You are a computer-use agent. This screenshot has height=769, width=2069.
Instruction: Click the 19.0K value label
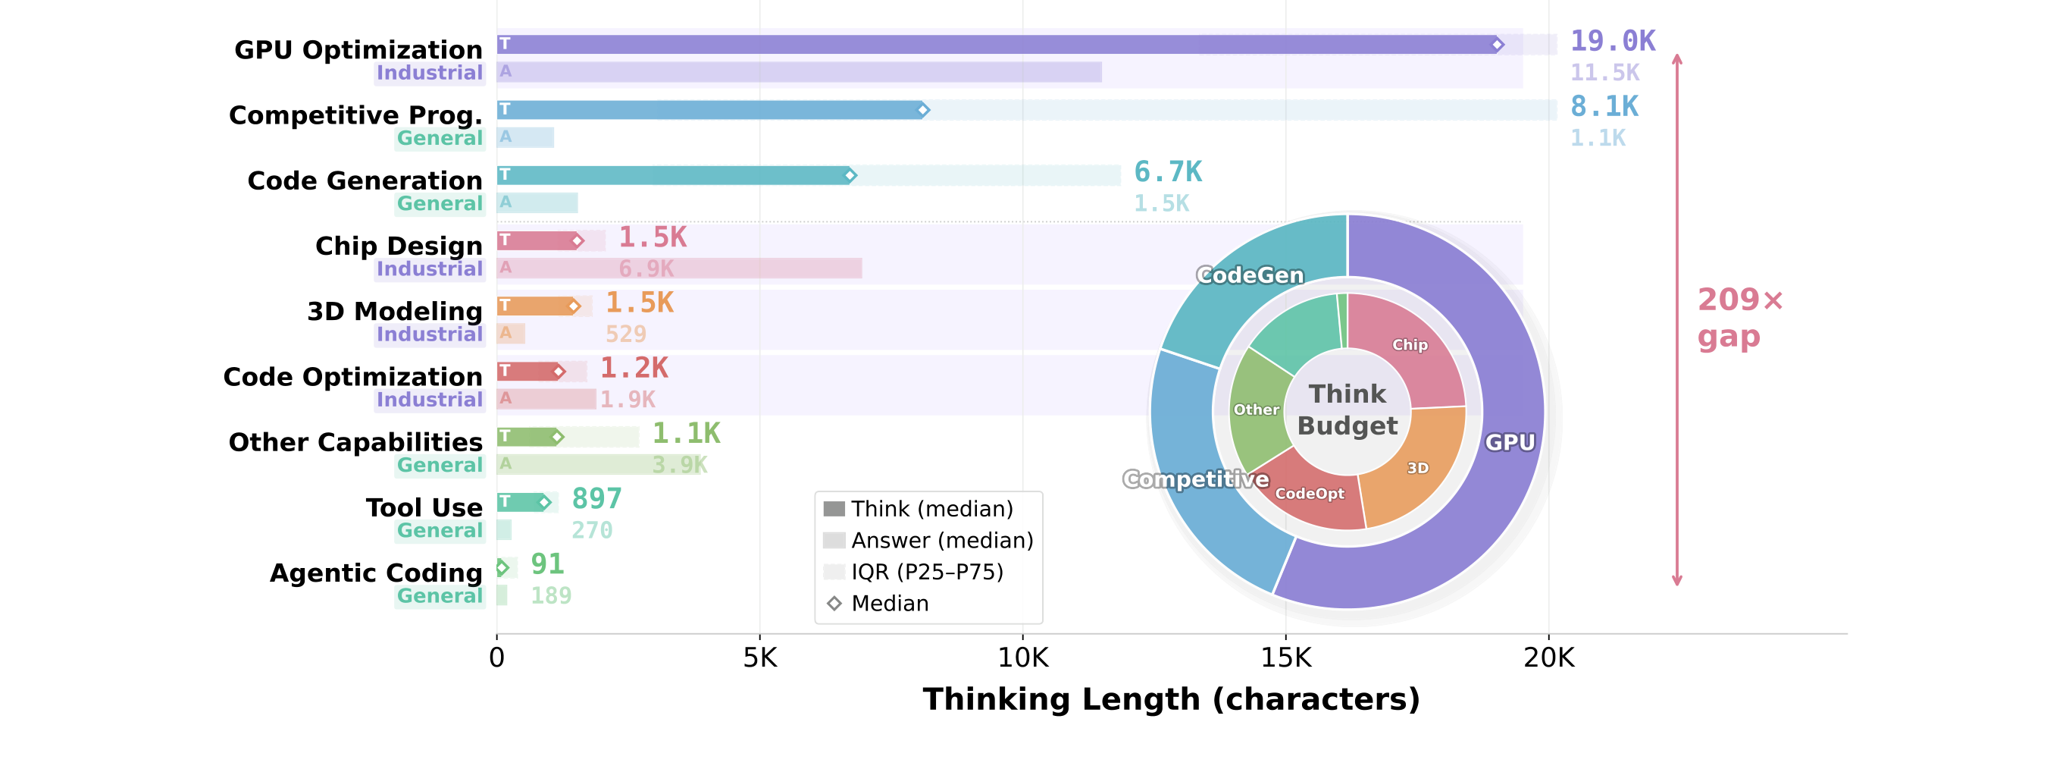1612,41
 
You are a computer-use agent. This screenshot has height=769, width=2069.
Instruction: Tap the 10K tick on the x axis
1022,658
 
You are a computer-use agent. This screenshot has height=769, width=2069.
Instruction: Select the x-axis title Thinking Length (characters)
1171,699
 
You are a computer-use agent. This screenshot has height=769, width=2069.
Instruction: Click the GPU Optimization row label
358,50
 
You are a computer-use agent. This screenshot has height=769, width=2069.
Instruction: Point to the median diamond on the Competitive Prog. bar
924,109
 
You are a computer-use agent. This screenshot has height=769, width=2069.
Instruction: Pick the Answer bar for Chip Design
680,268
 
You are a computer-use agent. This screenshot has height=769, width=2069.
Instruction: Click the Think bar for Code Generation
673,175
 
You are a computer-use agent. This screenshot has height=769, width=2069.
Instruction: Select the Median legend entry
878,603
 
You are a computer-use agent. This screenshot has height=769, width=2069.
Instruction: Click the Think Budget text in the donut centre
1348,410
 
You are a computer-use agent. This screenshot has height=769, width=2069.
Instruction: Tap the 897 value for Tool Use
596,499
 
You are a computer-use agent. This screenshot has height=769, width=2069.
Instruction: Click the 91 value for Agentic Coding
548,564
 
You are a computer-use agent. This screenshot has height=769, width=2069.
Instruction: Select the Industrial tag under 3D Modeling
430,334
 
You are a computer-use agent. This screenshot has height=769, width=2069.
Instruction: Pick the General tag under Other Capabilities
440,465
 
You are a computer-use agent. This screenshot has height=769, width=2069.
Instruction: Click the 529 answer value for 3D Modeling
626,334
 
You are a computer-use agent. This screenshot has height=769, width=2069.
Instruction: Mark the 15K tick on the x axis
1286,658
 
